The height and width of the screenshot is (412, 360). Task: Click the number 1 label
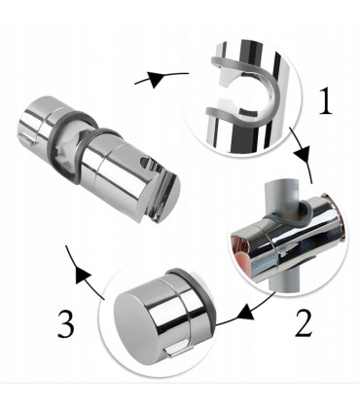325,101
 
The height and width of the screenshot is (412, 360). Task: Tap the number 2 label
304,323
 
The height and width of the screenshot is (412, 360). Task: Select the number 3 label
66,323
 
